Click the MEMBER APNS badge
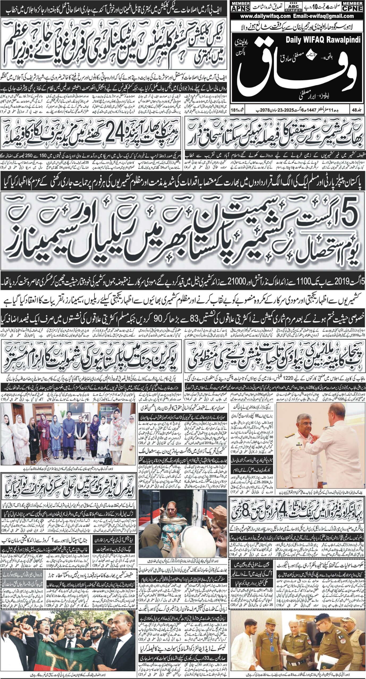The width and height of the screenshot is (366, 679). coord(240,6)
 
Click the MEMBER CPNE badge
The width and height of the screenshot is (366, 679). coord(353,6)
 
